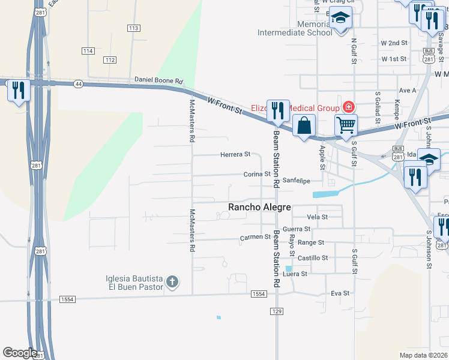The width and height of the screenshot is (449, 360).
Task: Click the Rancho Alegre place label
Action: (259, 207)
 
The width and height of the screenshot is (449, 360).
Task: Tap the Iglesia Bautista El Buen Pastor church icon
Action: (172, 282)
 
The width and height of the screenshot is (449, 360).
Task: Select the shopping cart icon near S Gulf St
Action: (346, 125)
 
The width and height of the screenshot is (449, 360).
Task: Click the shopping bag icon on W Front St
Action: (304, 126)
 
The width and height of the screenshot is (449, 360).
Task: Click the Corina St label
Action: (257, 174)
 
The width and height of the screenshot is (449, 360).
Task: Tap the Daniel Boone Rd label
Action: (158, 80)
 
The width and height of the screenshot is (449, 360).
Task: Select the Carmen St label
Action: (255, 237)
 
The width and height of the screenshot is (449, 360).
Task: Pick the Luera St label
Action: (295, 274)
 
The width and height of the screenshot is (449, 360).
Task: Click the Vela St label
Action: (317, 217)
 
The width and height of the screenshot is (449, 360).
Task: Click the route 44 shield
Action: (79, 84)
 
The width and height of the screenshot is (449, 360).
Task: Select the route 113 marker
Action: (133, 28)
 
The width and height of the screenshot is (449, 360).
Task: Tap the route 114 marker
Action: (88, 51)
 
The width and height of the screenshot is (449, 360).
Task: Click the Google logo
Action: (20, 353)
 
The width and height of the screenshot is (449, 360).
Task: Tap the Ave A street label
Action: (408, 90)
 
